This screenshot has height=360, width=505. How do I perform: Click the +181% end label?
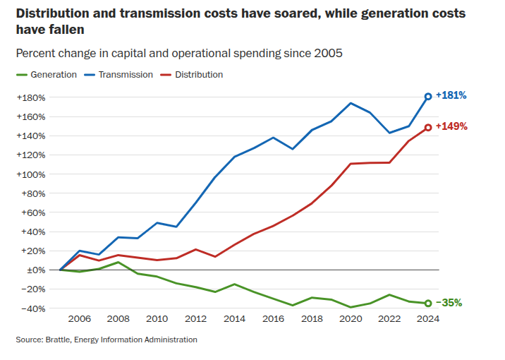(451, 95)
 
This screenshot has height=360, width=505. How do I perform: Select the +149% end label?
(451, 127)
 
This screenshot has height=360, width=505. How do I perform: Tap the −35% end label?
(449, 303)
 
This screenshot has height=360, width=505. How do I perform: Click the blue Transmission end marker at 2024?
(427, 97)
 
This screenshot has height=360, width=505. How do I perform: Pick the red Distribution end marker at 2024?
(427, 128)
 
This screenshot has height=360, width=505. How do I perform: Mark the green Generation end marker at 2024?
(427, 304)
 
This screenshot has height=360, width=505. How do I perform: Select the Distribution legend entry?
(198, 75)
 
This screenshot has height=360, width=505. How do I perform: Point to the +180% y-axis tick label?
(30, 97)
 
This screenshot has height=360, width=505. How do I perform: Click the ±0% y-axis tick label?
(35, 270)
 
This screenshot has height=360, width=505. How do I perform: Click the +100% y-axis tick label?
(30, 174)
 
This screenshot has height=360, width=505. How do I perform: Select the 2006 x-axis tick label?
(80, 319)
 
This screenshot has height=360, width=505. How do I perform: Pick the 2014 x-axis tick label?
(234, 319)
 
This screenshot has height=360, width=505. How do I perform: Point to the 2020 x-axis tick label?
(351, 319)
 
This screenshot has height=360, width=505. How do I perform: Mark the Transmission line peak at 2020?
(351, 103)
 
